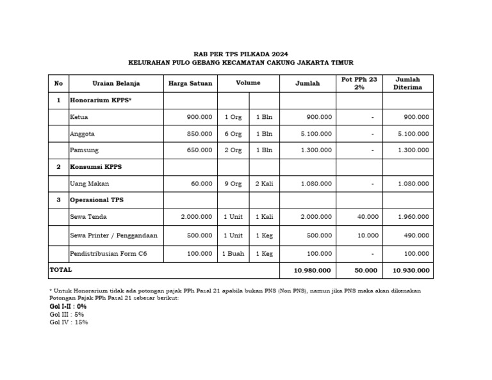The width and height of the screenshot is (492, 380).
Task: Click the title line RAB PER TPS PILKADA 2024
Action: [x=245, y=54]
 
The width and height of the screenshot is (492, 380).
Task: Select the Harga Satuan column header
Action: [x=190, y=83]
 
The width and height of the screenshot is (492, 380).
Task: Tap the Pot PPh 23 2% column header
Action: [x=359, y=83]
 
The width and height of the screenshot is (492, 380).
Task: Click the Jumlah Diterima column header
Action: [x=407, y=83]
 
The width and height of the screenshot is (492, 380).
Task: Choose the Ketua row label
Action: [x=79, y=117]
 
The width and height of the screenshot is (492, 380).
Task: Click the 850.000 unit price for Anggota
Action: [x=199, y=134]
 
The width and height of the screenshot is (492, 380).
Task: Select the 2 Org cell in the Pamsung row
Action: [x=233, y=150]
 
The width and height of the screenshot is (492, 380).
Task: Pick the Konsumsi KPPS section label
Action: [x=95, y=167]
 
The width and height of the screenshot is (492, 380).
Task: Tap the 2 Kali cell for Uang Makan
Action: [x=264, y=184]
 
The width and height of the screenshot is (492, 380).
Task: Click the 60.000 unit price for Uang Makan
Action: [x=201, y=184]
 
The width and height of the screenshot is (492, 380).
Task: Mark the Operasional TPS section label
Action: [x=97, y=200]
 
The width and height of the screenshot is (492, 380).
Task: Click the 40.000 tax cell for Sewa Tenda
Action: [x=367, y=217]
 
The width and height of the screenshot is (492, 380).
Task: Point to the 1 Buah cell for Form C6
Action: [x=233, y=254]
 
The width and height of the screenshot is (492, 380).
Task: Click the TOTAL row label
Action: [x=61, y=271]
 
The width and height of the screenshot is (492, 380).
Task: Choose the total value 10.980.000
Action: [x=313, y=271]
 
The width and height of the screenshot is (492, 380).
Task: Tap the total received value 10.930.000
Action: [x=411, y=271]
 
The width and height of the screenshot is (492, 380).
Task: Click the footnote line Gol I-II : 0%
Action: [x=68, y=306]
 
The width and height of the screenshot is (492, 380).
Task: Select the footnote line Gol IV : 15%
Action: [x=69, y=322]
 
